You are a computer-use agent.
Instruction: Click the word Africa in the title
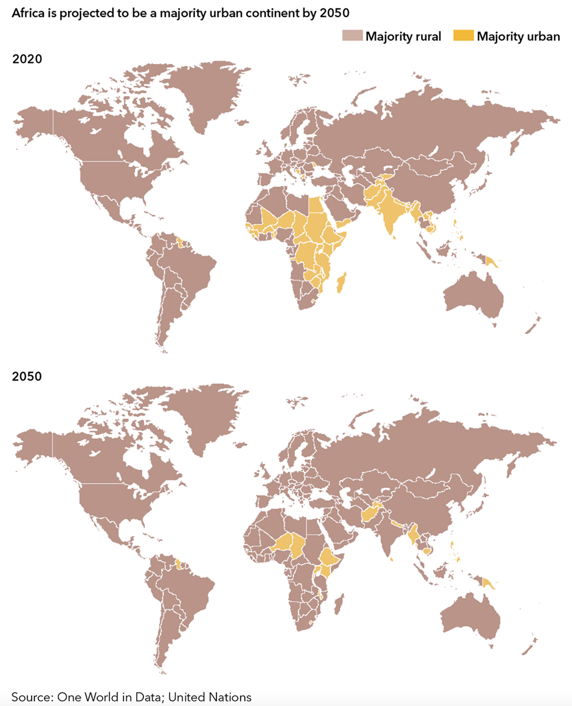[x=28, y=13]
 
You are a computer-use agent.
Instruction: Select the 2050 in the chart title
[x=335, y=13]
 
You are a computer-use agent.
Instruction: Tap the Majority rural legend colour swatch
[x=352, y=36]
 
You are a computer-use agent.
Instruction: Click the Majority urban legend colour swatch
[x=463, y=36]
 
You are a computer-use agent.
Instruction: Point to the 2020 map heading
[x=27, y=59]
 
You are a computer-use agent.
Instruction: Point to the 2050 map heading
[x=27, y=376]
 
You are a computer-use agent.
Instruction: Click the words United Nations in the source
[x=210, y=697]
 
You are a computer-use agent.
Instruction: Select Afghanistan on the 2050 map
[x=369, y=515]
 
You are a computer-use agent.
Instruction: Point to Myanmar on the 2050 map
[x=413, y=534]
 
